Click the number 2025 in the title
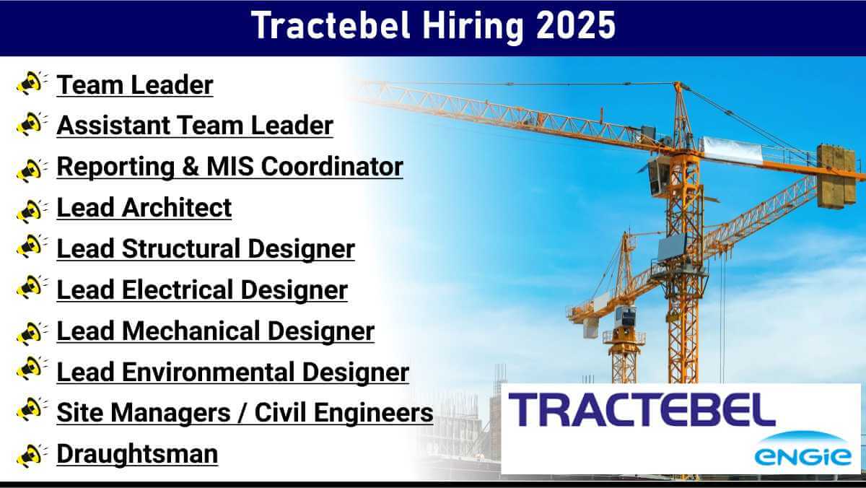point(576,25)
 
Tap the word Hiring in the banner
point(473,27)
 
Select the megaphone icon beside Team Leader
point(32,83)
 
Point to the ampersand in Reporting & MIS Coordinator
point(191,167)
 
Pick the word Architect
point(177,208)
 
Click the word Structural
point(181,248)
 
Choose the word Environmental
point(209,372)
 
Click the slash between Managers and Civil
point(242,413)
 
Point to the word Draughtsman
point(137,454)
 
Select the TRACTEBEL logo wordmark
point(642,410)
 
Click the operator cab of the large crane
point(659,178)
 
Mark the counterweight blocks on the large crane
point(836,176)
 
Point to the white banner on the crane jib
point(732,149)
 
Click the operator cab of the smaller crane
point(626,317)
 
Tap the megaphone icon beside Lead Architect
point(32,211)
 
